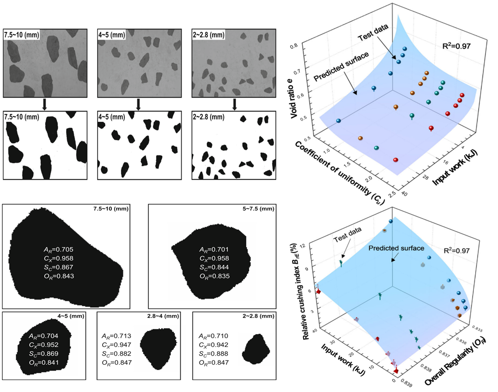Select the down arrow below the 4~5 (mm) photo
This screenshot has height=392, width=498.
(x=137, y=104)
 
